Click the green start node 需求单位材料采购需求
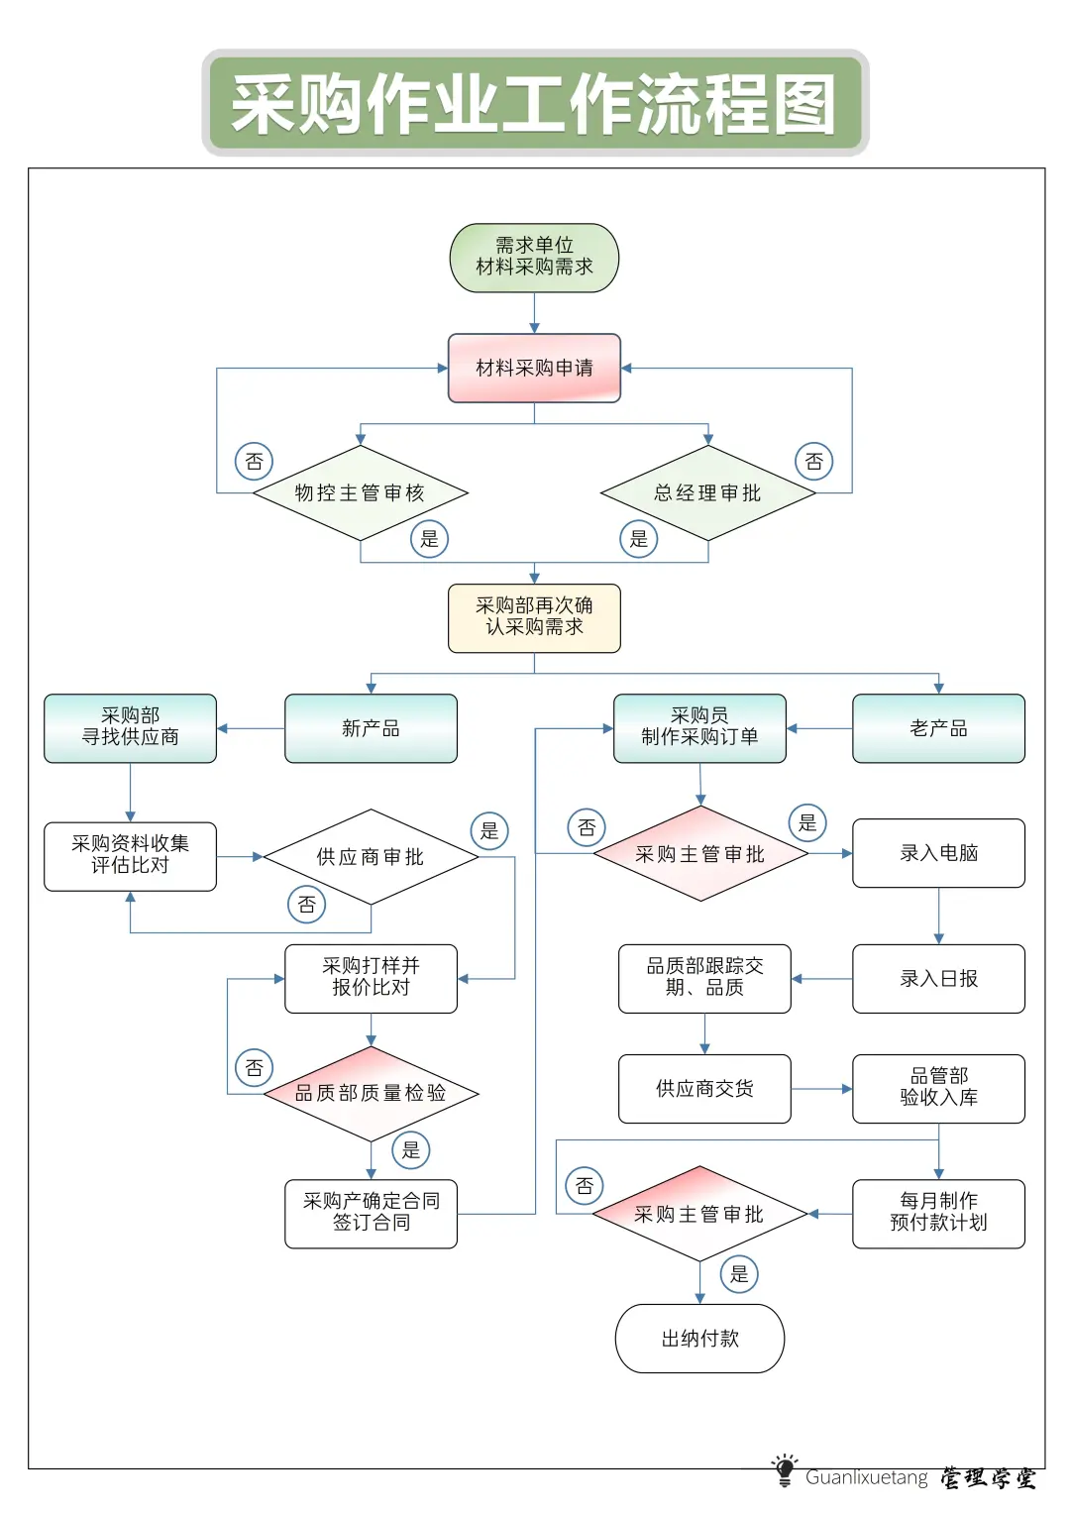point(534,258)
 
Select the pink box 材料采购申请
point(534,369)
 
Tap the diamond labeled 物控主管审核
point(360,493)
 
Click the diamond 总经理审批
point(707,493)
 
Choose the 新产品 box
point(371,728)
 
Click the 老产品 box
point(938,728)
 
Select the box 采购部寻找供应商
point(130,728)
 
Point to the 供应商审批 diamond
point(371,857)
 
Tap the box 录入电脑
point(938,853)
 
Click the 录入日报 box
point(938,979)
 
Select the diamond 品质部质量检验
point(371,1093)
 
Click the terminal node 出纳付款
point(699,1339)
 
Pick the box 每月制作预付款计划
point(938,1213)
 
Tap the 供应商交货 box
point(704,1089)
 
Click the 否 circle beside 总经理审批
point(813,462)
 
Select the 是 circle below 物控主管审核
point(429,539)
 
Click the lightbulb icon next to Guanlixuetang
point(785,1470)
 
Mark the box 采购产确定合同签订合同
point(371,1213)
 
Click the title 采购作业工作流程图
point(535,104)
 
